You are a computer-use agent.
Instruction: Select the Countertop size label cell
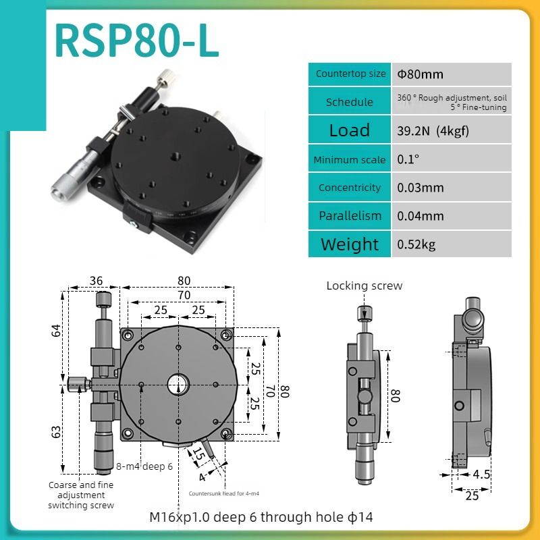(350, 74)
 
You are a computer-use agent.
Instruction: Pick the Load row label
(350, 130)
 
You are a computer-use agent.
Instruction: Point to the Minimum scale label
(350, 160)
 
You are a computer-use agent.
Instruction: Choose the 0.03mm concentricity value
(421, 188)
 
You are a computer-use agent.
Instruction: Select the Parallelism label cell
(350, 216)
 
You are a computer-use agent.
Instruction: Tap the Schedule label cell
(350, 102)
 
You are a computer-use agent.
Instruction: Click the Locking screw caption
(364, 286)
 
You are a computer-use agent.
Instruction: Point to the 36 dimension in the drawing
(96, 281)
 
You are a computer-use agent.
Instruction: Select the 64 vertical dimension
(57, 331)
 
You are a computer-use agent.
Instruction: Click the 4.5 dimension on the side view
(481, 474)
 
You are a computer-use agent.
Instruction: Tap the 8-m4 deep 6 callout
(144, 466)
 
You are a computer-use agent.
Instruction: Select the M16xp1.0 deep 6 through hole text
(261, 518)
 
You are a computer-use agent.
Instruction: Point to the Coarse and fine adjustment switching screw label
(81, 495)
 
